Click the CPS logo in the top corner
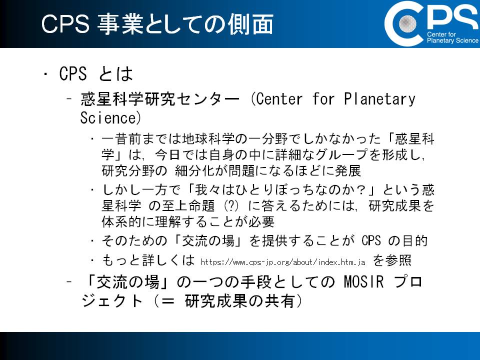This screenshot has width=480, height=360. click(431, 23)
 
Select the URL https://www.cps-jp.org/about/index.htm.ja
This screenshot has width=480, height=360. click(283, 262)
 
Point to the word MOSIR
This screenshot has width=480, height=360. click(363, 281)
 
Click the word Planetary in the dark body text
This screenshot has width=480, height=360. click(379, 99)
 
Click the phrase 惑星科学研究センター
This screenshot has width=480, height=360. click(159, 99)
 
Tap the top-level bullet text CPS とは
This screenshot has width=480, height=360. click(96, 74)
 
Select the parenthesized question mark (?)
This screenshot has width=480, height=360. click(231, 205)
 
